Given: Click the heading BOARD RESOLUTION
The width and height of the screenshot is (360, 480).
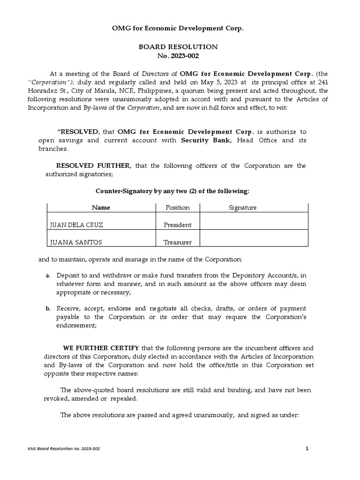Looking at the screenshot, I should pyautogui.click(x=177, y=47).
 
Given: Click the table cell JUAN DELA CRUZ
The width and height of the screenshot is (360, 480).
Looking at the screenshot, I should pyautogui.click(x=76, y=225).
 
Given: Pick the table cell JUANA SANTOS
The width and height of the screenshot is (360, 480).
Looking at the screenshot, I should pyautogui.click(x=75, y=242).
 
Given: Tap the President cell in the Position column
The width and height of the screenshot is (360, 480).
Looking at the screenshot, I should pyautogui.click(x=177, y=225).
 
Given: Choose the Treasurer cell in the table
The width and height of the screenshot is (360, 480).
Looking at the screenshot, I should pyautogui.click(x=177, y=242).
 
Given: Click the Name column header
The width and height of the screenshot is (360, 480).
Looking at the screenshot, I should pyautogui.click(x=101, y=208).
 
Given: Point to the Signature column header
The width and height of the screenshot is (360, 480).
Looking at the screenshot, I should pyautogui.click(x=242, y=208).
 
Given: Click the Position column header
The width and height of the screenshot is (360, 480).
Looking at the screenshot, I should pyautogui.click(x=177, y=208).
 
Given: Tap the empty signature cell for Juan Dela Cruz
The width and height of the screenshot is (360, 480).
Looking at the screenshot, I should pyautogui.click(x=253, y=221).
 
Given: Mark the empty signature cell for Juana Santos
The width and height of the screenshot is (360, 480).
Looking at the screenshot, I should pyautogui.click(x=253, y=238).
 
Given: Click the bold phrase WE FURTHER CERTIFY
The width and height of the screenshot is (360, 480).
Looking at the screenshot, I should pyautogui.click(x=101, y=348).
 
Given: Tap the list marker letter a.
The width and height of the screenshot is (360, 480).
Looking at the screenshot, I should pyautogui.click(x=48, y=275).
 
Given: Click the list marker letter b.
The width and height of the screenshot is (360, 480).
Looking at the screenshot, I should pyautogui.click(x=48, y=308).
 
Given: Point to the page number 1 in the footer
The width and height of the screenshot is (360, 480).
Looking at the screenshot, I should pyautogui.click(x=307, y=449).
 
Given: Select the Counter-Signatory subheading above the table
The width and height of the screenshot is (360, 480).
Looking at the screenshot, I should pyautogui.click(x=172, y=191).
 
